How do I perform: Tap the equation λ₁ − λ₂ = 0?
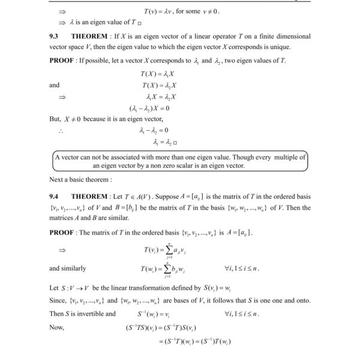pos(153,130)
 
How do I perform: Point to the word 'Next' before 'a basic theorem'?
pos(56,179)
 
